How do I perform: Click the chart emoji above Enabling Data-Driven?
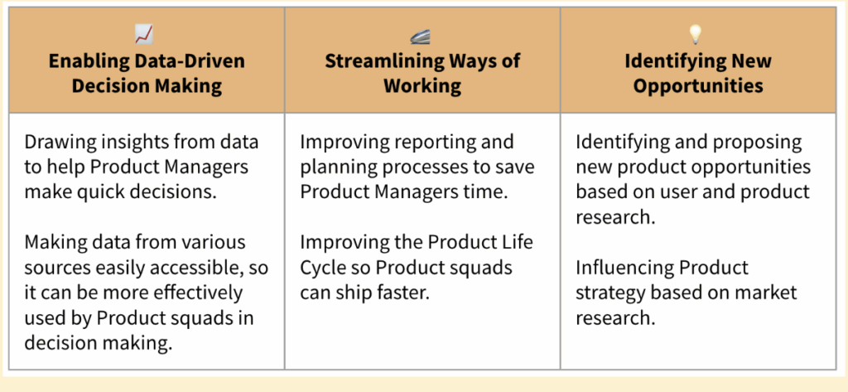[144, 35]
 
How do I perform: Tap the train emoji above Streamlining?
[420, 36]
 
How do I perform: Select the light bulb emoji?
[695, 35]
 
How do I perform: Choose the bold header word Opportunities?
[698, 85]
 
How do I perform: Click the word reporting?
[428, 142]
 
